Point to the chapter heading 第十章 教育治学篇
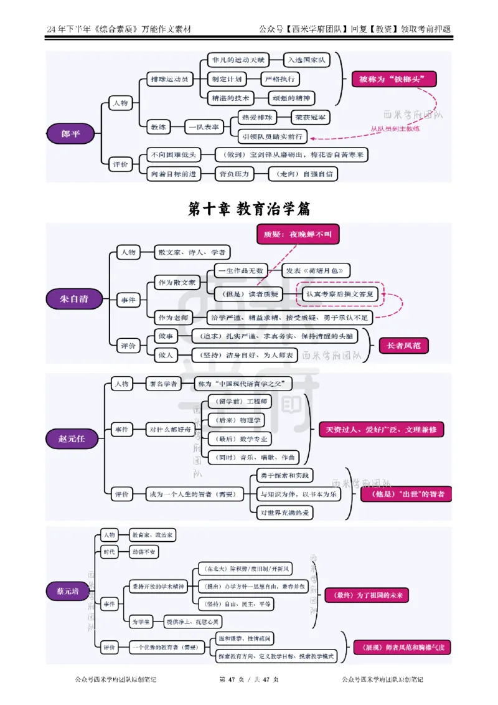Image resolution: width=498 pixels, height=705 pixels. click(x=248, y=209)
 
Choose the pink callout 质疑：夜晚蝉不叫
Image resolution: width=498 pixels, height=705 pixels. click(x=297, y=234)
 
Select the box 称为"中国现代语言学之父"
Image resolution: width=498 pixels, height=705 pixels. click(x=243, y=383)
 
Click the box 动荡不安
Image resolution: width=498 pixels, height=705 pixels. click(x=144, y=552)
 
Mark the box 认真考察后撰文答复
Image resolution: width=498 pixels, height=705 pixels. click(x=340, y=295)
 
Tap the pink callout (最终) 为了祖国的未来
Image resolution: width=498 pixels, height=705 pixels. click(x=365, y=595)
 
